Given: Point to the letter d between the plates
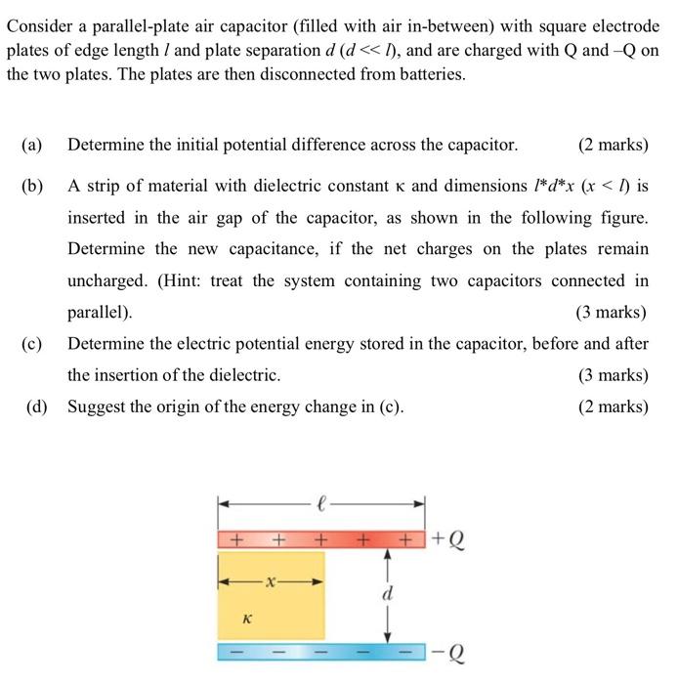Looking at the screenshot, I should pos(389,593).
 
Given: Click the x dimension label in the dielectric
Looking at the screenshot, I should pos(271,581).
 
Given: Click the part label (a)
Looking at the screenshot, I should pos(31,146).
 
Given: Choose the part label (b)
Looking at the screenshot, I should pos(31,186).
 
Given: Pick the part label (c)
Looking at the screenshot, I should pos(31,343).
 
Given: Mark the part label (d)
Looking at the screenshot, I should pos(36,406).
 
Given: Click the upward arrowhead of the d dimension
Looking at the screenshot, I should pos(389,557).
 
